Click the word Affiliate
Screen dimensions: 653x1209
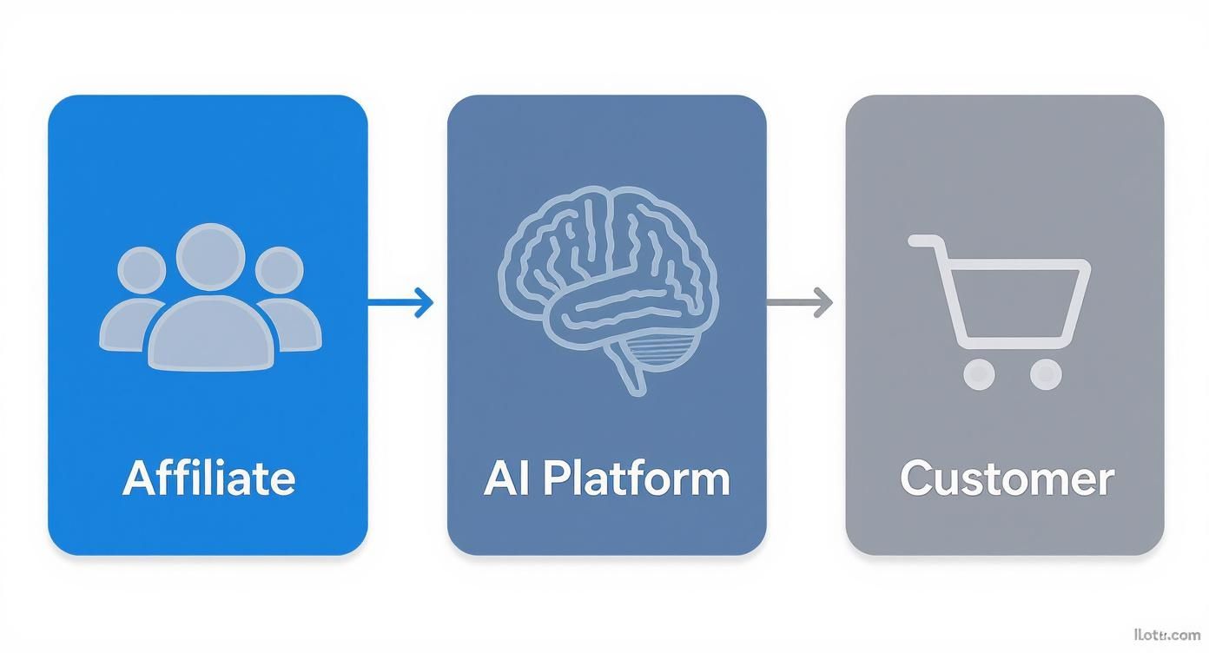tap(208, 478)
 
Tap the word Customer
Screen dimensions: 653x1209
tap(1007, 478)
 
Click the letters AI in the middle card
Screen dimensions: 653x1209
tap(502, 478)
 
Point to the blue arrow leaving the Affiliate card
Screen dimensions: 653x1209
tap(400, 303)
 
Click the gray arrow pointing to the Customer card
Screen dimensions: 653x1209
tap(799, 303)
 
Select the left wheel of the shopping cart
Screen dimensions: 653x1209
tap(979, 373)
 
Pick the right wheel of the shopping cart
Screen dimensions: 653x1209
tap(1045, 373)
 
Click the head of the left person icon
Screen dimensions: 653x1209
tap(141, 271)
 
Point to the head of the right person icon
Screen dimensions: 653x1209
tap(279, 271)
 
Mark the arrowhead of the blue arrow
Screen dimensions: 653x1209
tap(425, 303)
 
